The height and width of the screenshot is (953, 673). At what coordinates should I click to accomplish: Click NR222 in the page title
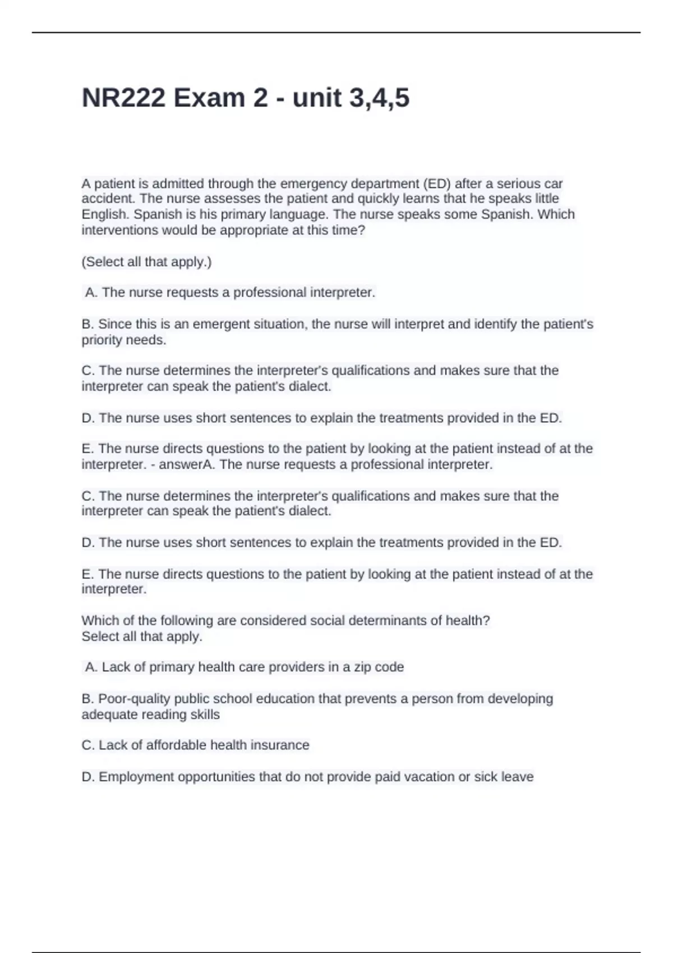123,98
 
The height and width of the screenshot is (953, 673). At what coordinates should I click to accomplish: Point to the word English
105,215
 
